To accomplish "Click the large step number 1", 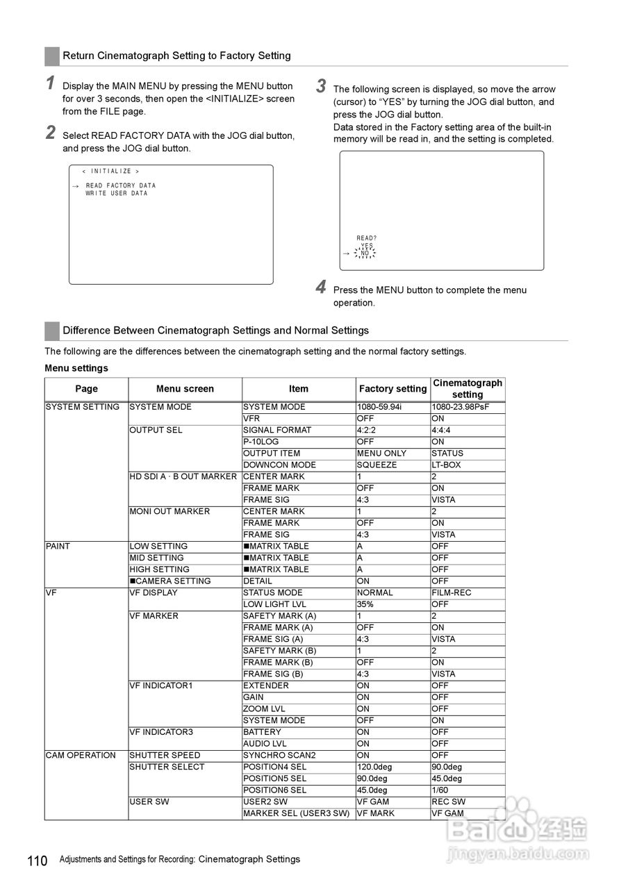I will (51, 83).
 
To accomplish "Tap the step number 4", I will (321, 287).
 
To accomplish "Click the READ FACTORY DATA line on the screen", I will (121, 185).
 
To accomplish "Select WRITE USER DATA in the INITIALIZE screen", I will (117, 194).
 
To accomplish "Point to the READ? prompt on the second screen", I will (367, 238).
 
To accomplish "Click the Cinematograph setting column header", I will (468, 389).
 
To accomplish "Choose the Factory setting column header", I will (392, 389).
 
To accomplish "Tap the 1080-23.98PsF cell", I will (460, 407).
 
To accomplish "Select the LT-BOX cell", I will (446, 465).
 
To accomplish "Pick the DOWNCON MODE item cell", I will (279, 465).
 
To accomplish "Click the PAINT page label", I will (58, 546).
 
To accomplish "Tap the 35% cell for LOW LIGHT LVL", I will (365, 604).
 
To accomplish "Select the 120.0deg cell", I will (374, 767).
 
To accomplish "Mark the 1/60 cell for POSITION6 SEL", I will (442, 790).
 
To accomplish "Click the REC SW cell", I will (449, 801).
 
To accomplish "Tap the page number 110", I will (38, 861).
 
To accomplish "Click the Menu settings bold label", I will (76, 368).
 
